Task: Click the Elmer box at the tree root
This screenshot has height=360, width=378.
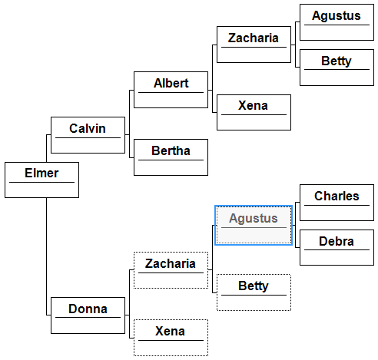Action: point(41,180)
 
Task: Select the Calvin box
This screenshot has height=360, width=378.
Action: point(88,135)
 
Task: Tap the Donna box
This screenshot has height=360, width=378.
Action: point(88,315)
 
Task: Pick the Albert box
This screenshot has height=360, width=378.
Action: point(171,90)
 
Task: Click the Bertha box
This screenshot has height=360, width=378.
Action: point(171,157)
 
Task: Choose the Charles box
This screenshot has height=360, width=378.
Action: point(337,203)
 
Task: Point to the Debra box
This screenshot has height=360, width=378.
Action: point(337,247)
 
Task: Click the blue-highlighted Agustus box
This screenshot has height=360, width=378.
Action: point(254,225)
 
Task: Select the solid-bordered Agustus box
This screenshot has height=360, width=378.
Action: point(337,22)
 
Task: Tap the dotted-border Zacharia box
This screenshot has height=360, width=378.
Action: point(171,270)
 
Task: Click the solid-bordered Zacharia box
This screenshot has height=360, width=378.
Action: point(254,45)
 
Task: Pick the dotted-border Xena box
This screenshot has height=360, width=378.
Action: point(171,338)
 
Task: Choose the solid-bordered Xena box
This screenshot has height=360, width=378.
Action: point(254,112)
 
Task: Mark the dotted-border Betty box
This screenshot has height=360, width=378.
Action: point(254,292)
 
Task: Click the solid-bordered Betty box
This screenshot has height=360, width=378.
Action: point(337,68)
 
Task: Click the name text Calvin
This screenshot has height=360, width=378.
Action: point(88,128)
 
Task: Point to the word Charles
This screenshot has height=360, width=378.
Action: point(337,197)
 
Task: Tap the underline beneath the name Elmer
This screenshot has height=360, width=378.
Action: point(41,182)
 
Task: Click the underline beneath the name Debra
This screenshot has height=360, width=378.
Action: point(337,249)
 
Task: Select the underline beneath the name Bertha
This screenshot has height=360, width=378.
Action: point(171,160)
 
